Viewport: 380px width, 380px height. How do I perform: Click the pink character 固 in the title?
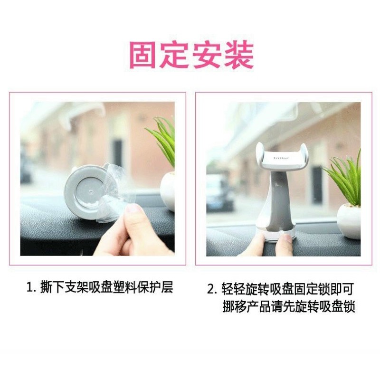(143, 55)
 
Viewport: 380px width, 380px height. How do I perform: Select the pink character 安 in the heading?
(207, 55)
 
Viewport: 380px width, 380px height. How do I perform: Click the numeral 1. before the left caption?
(31, 288)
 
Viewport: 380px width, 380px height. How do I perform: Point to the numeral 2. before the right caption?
(212, 289)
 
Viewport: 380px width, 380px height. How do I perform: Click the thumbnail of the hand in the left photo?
(133, 208)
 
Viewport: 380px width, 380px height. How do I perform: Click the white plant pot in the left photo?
(168, 191)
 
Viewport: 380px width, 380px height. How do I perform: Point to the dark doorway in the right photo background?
(317, 184)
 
